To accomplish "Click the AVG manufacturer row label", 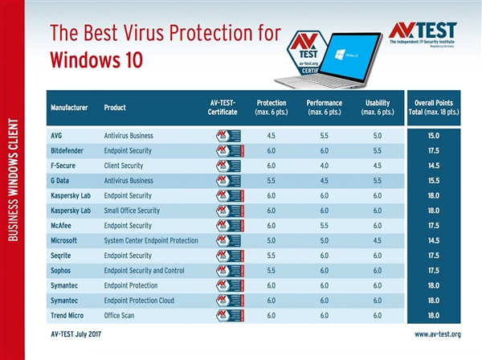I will pos(57,136).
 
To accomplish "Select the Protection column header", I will pos(271,107).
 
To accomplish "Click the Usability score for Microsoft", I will pos(377,240).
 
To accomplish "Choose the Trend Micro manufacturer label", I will pos(69,315).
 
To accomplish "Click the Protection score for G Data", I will pos(271,181).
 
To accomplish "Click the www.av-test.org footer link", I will pos(437,333).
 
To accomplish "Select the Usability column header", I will pos(377,107).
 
